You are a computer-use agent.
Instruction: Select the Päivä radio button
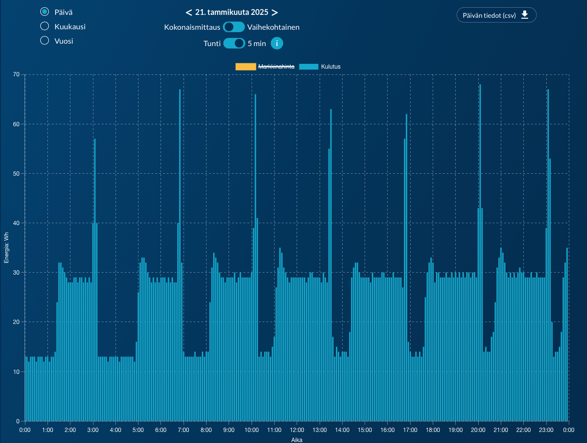click(45, 12)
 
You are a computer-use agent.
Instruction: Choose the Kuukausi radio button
click(45, 26)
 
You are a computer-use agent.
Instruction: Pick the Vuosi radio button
click(45, 41)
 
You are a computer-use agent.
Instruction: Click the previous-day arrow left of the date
click(189, 12)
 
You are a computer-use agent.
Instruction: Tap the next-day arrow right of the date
click(275, 12)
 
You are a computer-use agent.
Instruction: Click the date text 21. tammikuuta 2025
click(231, 12)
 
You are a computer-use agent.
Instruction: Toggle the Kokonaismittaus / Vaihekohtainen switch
click(234, 27)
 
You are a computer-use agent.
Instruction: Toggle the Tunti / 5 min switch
click(234, 44)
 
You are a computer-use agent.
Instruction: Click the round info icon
click(277, 44)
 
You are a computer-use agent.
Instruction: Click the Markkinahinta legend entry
click(265, 67)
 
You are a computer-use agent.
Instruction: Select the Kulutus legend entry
click(320, 67)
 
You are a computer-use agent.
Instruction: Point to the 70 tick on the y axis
click(16, 75)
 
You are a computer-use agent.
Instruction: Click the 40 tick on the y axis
click(16, 223)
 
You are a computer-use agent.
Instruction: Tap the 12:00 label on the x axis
click(297, 430)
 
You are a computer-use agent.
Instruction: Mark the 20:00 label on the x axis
click(478, 430)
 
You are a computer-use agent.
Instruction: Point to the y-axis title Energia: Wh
click(6, 248)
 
